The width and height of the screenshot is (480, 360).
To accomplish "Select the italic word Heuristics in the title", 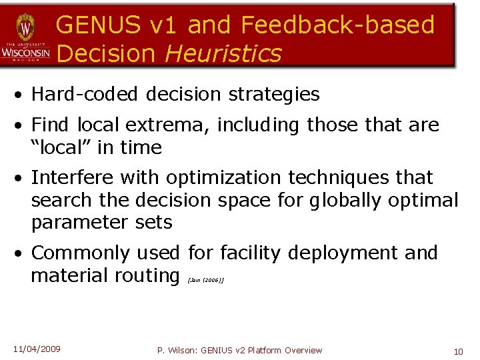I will point(223,53).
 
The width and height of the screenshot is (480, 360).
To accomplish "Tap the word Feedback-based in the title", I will point(337,25).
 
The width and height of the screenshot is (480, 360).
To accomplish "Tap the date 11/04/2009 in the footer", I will point(37,349).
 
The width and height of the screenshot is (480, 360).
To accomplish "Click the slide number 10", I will point(458,351).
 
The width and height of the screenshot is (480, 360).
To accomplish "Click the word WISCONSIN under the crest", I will point(25,51).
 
